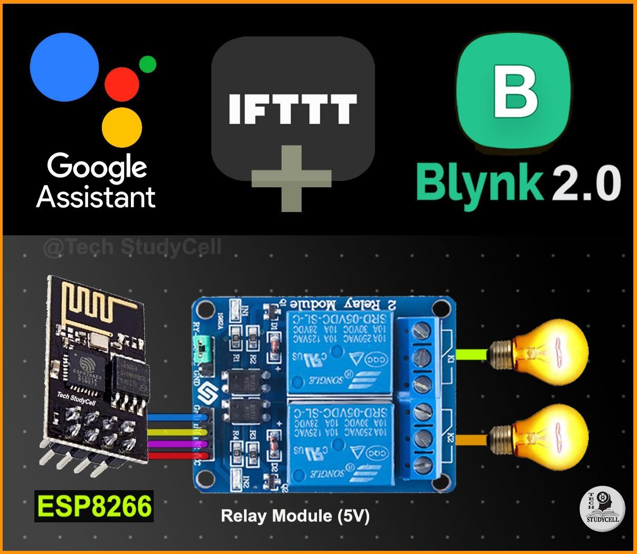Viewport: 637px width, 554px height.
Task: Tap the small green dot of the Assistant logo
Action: coord(147,64)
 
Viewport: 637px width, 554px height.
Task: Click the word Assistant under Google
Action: coord(96,197)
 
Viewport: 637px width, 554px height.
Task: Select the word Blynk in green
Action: coord(479,183)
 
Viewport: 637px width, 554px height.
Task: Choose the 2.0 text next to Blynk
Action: coord(586,183)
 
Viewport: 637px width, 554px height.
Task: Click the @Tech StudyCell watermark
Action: coord(132,247)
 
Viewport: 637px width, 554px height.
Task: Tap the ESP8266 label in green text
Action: coord(94,507)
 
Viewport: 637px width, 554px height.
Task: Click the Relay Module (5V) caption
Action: coord(295,515)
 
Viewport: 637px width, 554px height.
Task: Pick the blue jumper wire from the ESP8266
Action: coord(174,418)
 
